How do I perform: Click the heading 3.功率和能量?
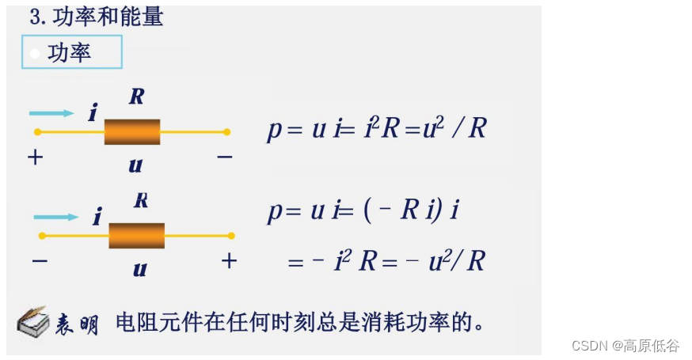click(x=96, y=16)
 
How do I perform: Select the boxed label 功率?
click(x=70, y=53)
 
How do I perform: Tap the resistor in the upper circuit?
click(x=131, y=131)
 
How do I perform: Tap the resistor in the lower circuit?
click(x=136, y=235)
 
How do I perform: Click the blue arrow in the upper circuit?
click(x=52, y=113)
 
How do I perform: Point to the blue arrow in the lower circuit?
click(x=57, y=216)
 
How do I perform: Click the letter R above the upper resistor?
click(x=136, y=97)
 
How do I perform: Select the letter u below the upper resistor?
click(x=135, y=165)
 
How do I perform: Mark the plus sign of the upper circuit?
click(x=35, y=157)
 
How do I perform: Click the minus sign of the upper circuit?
click(x=225, y=157)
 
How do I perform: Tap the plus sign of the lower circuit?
click(x=229, y=260)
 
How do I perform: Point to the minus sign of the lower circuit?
click(x=40, y=260)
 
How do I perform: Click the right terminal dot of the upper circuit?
click(x=227, y=131)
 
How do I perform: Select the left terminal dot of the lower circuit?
click(x=41, y=235)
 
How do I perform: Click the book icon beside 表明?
click(x=33, y=322)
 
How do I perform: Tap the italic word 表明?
click(x=78, y=324)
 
